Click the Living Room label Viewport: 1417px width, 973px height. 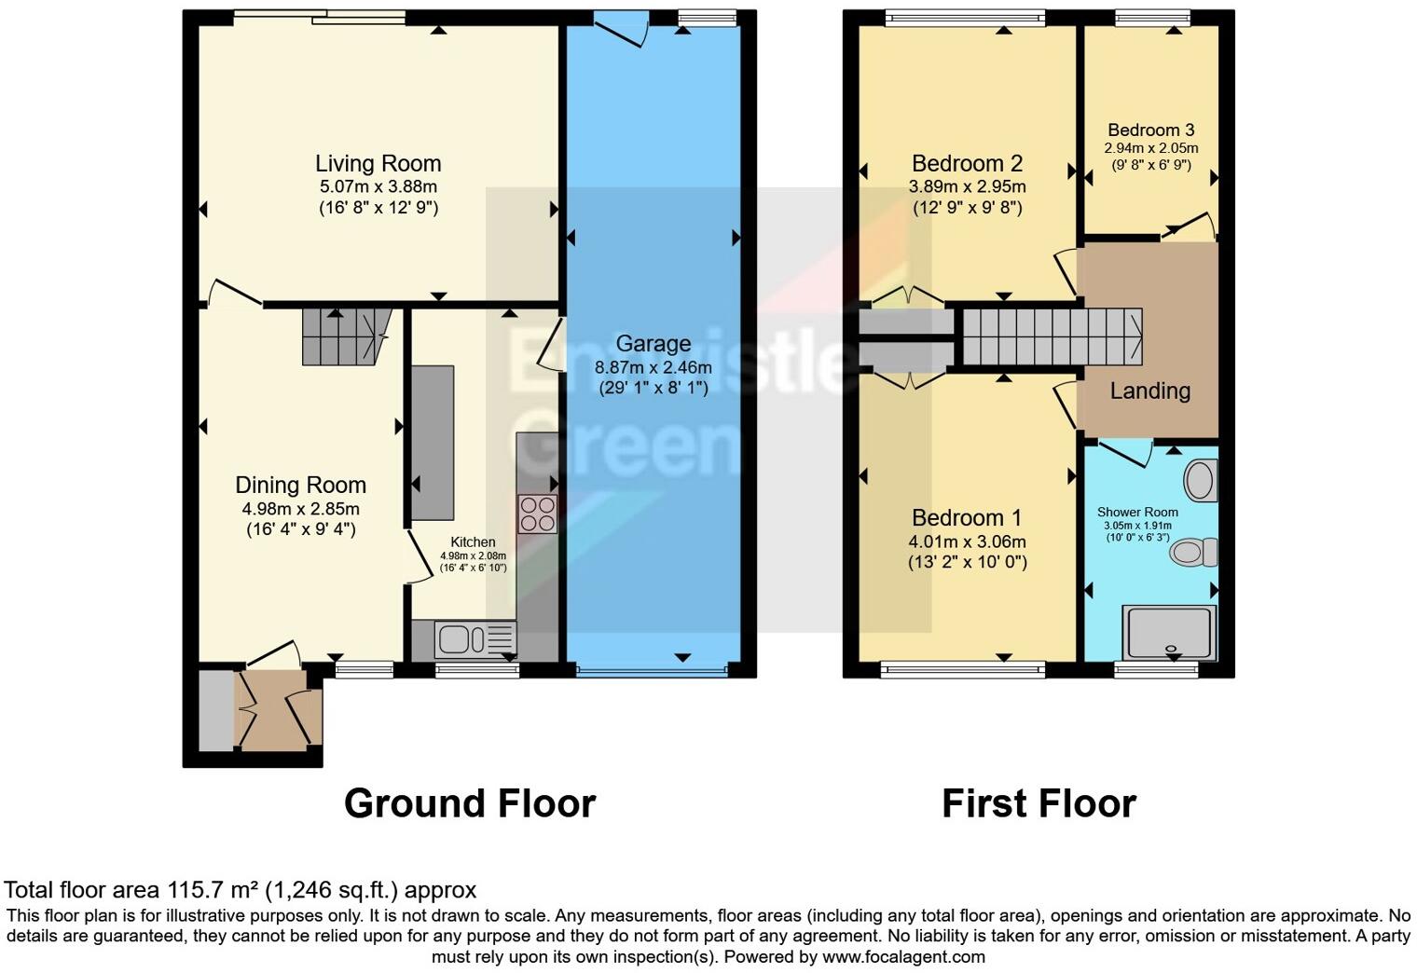(378, 164)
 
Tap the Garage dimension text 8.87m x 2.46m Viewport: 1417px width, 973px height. (653, 367)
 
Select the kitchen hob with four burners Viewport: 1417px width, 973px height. (538, 514)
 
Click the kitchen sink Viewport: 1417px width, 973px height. (475, 638)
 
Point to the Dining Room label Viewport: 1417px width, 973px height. (300, 485)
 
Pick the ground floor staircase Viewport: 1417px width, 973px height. (345, 337)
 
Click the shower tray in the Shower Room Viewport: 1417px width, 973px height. (1169, 633)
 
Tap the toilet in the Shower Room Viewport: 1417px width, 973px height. (1193, 552)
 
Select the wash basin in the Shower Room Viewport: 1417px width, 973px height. (1200, 481)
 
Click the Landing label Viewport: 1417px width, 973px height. (1150, 391)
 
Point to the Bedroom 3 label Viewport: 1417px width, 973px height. (1151, 130)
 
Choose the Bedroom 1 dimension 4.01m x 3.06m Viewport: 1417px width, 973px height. (968, 541)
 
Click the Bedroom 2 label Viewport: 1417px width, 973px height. (968, 164)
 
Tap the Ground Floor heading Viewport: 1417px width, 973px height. (470, 803)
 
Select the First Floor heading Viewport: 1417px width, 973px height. (1039, 803)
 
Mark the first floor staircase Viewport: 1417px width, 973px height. (1052, 337)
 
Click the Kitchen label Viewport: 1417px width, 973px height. (473, 541)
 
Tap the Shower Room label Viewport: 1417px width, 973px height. (1137, 512)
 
